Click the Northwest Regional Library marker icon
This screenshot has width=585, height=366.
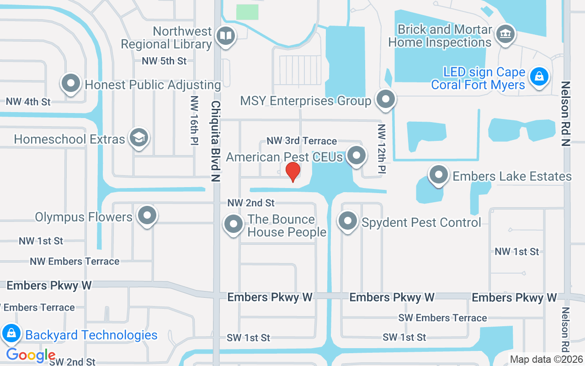[x=225, y=36]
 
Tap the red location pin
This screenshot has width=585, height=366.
[x=292, y=172]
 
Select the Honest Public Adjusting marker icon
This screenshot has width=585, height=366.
[x=71, y=84]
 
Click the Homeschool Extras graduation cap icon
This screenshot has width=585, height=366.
[x=138, y=138]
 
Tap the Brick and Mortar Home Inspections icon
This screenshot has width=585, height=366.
[x=505, y=34]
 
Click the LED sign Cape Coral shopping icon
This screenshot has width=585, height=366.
[x=539, y=76]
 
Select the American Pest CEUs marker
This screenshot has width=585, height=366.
[x=356, y=156]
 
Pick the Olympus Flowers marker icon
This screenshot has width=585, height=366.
[x=147, y=215]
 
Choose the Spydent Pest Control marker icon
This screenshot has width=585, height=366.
[x=348, y=221]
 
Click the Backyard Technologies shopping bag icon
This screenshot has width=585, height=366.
[x=11, y=334]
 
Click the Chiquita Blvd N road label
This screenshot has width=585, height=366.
[x=215, y=142]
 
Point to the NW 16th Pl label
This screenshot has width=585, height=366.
[x=194, y=120]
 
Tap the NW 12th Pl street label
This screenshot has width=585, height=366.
[x=382, y=149]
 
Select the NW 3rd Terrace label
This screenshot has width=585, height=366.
[x=302, y=141]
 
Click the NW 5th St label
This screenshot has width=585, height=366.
[x=164, y=61]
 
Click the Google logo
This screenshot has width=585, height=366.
[x=31, y=355]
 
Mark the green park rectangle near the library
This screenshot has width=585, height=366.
[x=247, y=12]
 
